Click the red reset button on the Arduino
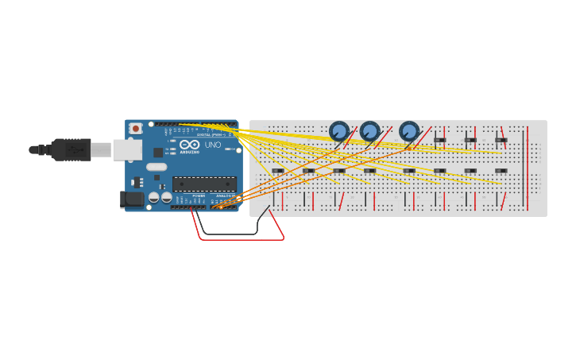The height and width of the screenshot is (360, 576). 136,128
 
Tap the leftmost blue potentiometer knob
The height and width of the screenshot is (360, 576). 339,130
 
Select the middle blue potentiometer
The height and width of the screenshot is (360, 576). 369,130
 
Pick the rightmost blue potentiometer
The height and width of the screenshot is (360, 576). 408,130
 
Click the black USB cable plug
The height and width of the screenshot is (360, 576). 71,149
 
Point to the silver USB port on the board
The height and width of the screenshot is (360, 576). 126,149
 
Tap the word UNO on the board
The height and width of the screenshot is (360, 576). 213,145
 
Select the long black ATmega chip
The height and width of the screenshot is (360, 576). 204,184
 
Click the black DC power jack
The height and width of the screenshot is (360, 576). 132,199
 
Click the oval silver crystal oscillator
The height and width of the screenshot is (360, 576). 157,167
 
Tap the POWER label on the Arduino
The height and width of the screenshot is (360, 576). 198,195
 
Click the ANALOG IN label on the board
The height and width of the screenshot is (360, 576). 226,195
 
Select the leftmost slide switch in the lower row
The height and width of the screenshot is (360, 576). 278,171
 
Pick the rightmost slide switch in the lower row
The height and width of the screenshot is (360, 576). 501,171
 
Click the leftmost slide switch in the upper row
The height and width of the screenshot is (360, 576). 439,141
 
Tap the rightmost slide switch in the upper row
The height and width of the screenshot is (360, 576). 501,141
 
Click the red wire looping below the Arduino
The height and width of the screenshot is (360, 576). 238,238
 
